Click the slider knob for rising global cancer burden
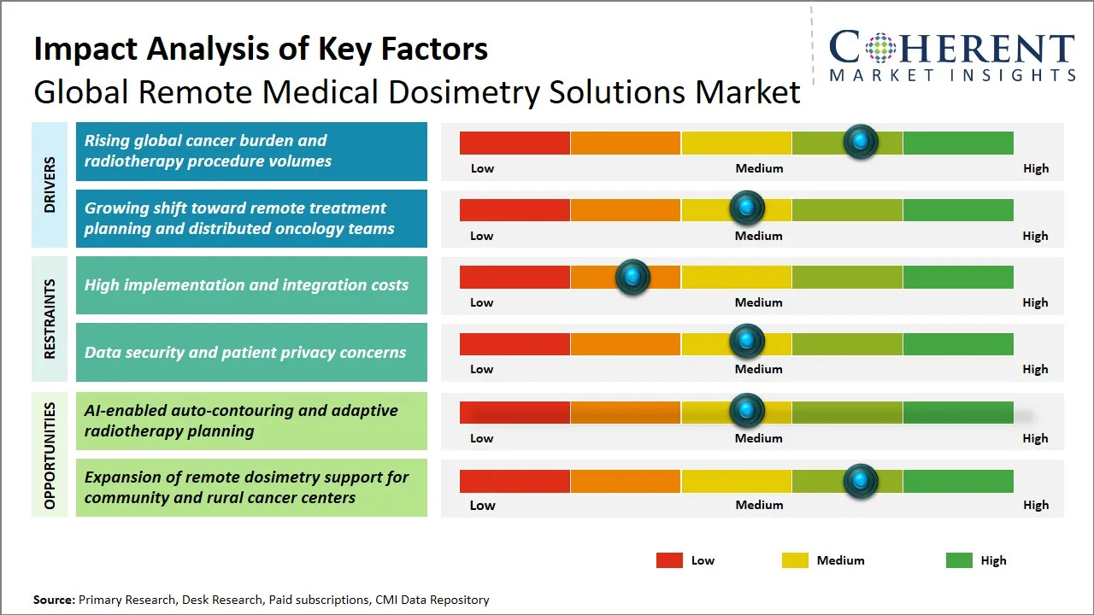click(x=860, y=141)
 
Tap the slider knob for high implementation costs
click(x=632, y=277)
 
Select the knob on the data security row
click(x=747, y=342)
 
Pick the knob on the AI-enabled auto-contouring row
click(x=747, y=411)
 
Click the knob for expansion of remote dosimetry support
click(x=860, y=481)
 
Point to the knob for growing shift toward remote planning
click(x=747, y=208)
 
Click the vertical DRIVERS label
click(x=50, y=184)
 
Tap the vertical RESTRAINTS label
click(x=50, y=319)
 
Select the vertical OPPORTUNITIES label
click(x=50, y=455)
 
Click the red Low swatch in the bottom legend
click(x=669, y=560)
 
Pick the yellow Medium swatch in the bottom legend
click(x=795, y=560)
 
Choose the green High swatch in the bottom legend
click(x=959, y=560)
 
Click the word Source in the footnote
click(x=54, y=600)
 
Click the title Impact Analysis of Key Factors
click(x=261, y=49)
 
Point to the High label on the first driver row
click(x=1036, y=168)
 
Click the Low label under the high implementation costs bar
click(x=482, y=302)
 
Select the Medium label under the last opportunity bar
click(x=759, y=505)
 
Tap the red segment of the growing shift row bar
click(x=515, y=210)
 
